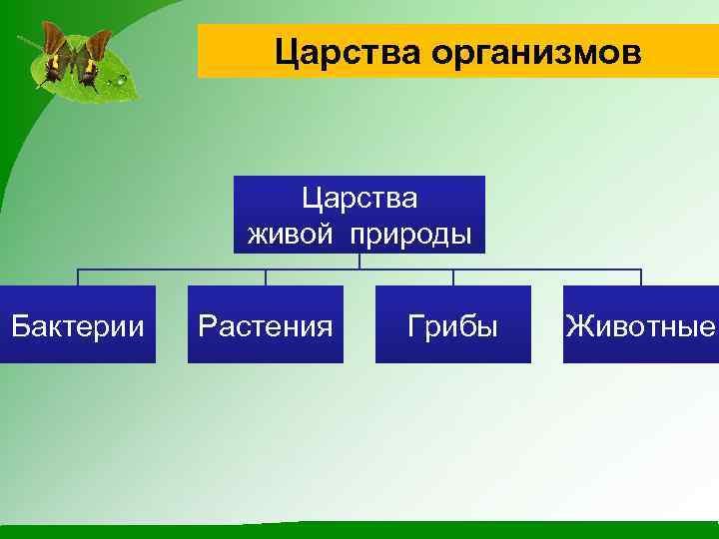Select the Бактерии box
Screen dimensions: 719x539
click(77, 324)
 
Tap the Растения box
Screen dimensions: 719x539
click(266, 324)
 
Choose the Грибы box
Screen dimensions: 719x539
click(453, 324)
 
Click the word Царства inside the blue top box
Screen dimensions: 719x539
click(359, 199)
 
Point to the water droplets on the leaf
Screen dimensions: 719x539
click(120, 79)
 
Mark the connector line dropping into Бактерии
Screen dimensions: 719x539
click(78, 277)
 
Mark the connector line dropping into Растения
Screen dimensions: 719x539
click(266, 277)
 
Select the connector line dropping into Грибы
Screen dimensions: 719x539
click(453, 277)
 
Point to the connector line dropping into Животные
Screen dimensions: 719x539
click(641, 277)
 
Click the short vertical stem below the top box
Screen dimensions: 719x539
click(359, 261)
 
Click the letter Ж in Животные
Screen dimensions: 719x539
click(577, 325)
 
